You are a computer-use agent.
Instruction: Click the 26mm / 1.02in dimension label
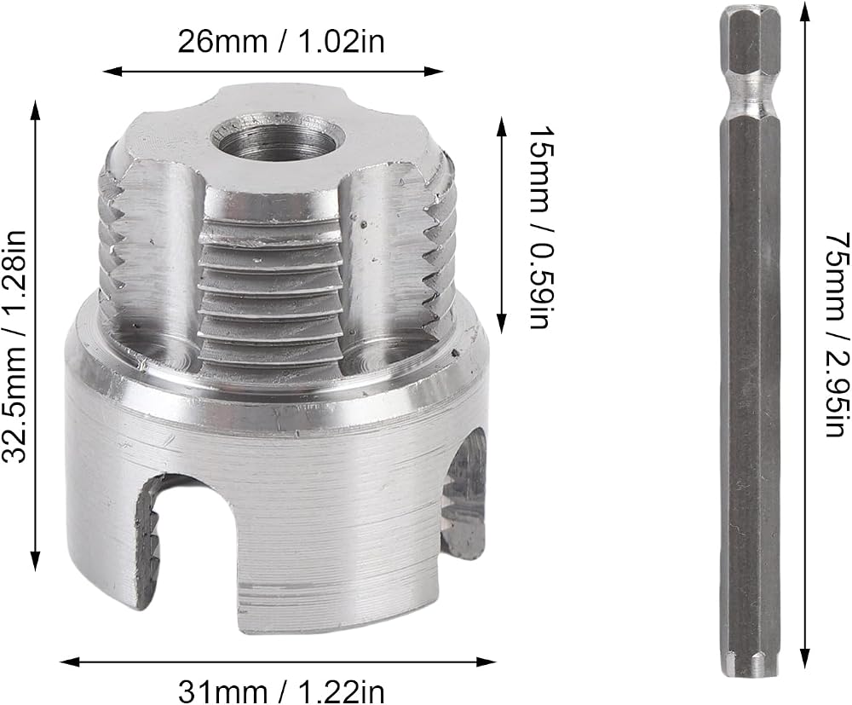(x=281, y=42)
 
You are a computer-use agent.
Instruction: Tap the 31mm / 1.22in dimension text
(x=281, y=692)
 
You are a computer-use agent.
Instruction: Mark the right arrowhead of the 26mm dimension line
(x=435, y=71)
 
